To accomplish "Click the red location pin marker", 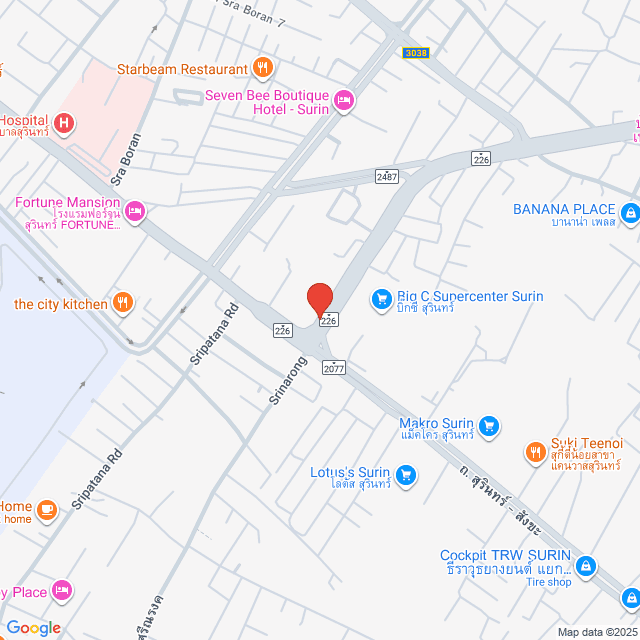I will tap(320, 300).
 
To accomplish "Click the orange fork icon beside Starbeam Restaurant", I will tap(262, 68).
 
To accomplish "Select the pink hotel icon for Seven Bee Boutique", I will tap(343, 98).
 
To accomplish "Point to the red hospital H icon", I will tap(64, 124).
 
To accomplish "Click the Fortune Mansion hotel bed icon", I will tap(136, 210).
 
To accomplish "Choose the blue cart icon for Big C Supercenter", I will tap(380, 298).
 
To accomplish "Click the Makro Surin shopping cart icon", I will tap(488, 426).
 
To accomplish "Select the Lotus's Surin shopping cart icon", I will tap(405, 474).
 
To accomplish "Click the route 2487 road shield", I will tap(387, 176).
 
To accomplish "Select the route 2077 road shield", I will tap(334, 368).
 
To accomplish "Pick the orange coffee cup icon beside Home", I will tap(46, 510).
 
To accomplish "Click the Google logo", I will tap(33, 628).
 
